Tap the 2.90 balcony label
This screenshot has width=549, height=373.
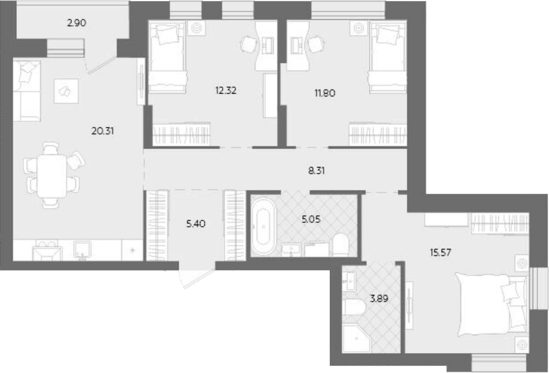tap(77, 23)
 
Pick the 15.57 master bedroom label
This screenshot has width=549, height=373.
tap(439, 252)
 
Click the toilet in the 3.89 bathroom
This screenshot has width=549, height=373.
tap(355, 308)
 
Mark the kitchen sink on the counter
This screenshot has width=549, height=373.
tap(82, 250)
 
